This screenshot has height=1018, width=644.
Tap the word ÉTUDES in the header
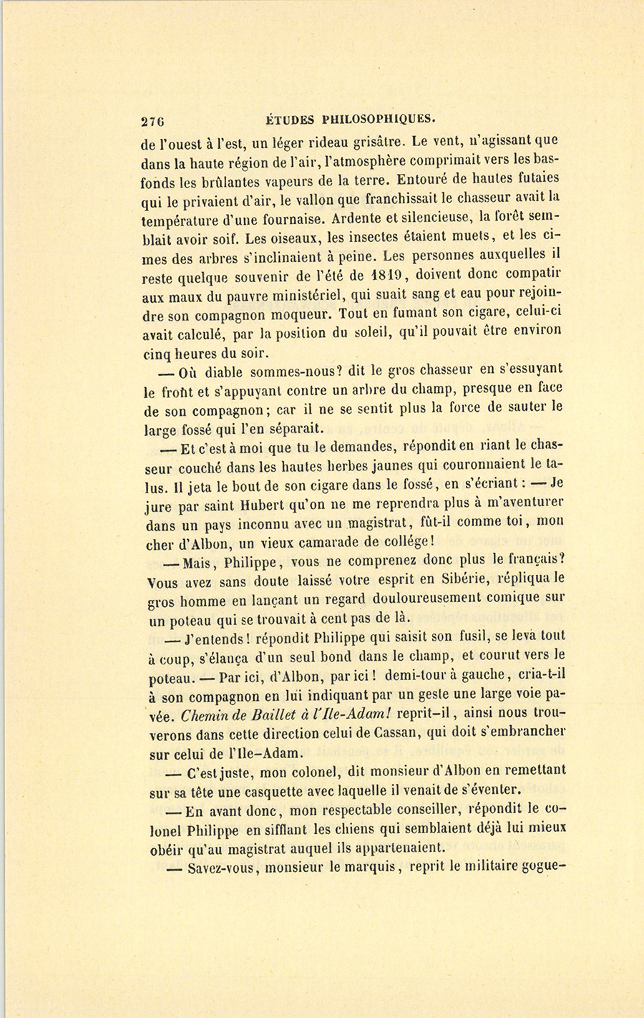coord(287,119)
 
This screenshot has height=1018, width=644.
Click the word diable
coord(223,372)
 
